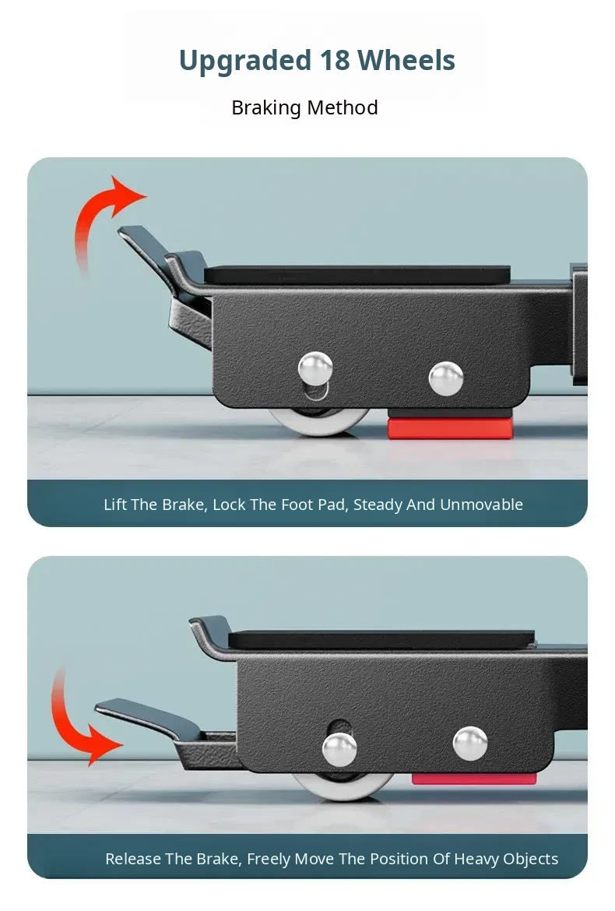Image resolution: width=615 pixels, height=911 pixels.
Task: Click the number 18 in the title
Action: coord(334,60)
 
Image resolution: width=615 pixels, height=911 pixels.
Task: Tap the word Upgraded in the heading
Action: coord(245,62)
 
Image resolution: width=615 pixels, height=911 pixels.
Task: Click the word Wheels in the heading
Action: coord(406,60)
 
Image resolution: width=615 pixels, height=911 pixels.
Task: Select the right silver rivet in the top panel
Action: coord(446,379)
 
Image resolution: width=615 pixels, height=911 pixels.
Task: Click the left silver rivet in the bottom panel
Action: coord(339,750)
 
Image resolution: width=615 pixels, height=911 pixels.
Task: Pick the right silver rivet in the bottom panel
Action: coord(470,744)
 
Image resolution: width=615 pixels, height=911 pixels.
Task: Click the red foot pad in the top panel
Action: coord(450,427)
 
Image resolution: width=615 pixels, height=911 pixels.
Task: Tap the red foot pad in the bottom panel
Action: coord(474,779)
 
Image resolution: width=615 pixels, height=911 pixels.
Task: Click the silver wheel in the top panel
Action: coord(318,421)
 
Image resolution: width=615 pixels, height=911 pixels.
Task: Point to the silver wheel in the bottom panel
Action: coord(343,786)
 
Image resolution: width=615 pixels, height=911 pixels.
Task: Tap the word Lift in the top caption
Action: coord(115,505)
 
